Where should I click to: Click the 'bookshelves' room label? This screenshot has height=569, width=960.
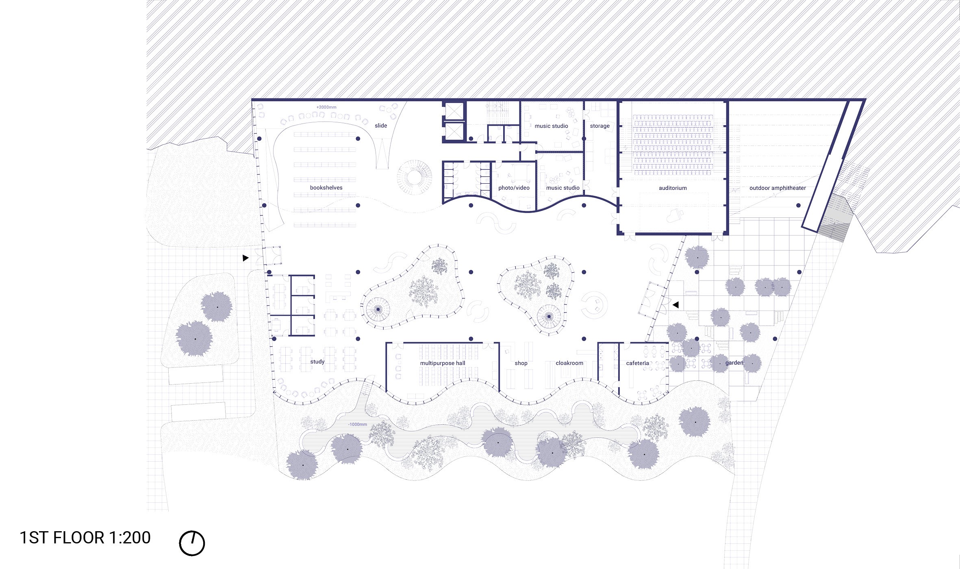(326, 188)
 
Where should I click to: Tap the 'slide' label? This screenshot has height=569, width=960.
(381, 126)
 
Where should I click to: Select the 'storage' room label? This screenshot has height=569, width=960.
(599, 126)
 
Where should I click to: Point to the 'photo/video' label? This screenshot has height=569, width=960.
(514, 188)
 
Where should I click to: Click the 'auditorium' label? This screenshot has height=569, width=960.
(673, 188)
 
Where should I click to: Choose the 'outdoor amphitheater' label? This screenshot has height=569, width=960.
(778, 188)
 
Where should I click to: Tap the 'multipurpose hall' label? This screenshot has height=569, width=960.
(443, 363)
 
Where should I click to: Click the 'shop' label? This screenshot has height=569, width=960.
(521, 363)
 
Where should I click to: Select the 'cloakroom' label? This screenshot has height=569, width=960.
(569, 363)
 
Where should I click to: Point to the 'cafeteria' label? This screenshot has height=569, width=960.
(637, 363)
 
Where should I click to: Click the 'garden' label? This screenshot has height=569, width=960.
(734, 363)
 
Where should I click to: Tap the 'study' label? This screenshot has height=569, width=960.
(317, 362)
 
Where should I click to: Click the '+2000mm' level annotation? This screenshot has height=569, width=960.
(326, 107)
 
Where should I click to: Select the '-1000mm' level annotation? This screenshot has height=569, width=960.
(357, 424)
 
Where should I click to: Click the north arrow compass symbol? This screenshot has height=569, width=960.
(192, 543)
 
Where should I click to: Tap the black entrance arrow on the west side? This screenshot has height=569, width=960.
(245, 258)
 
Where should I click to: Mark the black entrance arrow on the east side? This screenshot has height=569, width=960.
(675, 305)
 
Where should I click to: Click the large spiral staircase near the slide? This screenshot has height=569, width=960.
(414, 177)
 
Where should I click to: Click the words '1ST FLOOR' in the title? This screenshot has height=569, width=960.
(62, 538)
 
